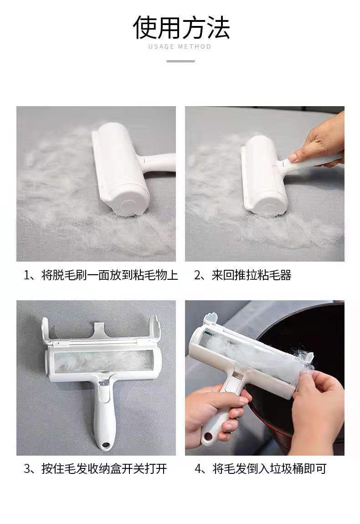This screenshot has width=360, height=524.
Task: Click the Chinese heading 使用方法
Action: click(181, 27)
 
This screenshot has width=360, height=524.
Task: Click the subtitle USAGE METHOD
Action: click(180, 46)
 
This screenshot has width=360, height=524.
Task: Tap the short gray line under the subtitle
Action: click(180, 61)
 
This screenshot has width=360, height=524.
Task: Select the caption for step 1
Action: click(101, 275)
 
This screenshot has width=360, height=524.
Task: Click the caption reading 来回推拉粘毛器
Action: click(243, 275)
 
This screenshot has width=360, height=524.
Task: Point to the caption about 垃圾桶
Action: click(261, 468)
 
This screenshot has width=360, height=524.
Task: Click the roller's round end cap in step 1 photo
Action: click(129, 204)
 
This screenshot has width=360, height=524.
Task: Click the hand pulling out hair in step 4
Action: click(314, 401)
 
